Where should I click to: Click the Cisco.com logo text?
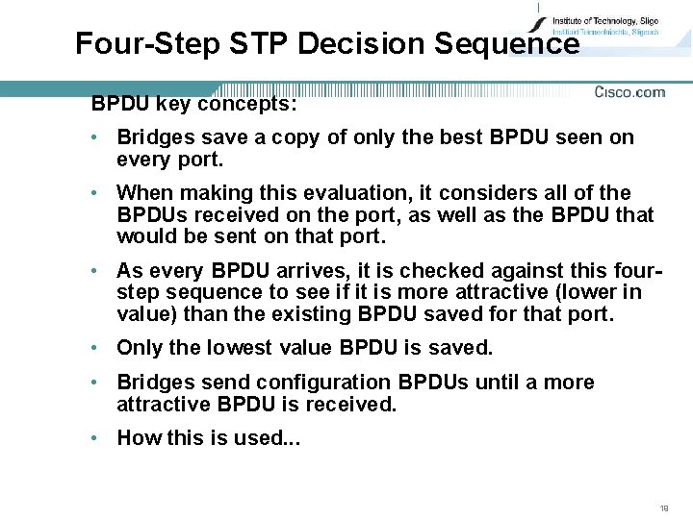pos(629,92)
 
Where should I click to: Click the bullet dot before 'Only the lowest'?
pos(97,347)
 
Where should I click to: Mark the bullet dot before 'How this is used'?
pos(97,438)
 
